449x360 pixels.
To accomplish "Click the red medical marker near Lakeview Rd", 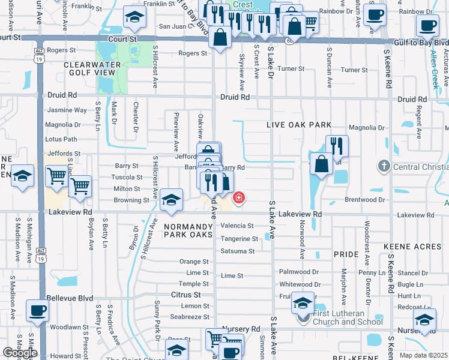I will point(239,197).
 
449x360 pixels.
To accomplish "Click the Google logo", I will point(20,353).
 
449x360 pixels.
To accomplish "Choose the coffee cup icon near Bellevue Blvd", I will point(37,311).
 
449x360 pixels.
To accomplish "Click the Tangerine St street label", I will point(239,239).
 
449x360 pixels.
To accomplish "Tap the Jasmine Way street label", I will point(67,110).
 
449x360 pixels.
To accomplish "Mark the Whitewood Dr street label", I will point(300,284).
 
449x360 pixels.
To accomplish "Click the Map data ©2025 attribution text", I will point(423,355).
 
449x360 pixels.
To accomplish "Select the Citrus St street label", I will point(186,295).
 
